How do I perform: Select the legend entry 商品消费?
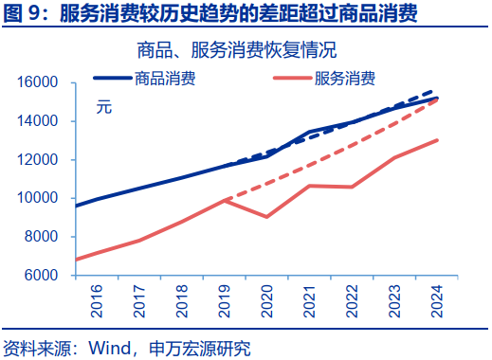[x=166, y=79]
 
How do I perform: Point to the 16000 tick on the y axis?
[x=40, y=83]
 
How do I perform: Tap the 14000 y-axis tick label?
[x=40, y=121]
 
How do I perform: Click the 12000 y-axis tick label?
[x=40, y=160]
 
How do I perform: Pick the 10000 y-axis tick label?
[x=40, y=199]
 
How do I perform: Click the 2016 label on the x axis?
[x=97, y=302]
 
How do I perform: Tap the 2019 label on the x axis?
[x=225, y=302]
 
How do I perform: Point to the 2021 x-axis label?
[x=310, y=302]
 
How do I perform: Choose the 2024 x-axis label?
[x=438, y=302]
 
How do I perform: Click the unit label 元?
[x=103, y=107]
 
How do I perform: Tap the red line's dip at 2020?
[x=267, y=217]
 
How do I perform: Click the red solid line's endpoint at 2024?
[x=438, y=140]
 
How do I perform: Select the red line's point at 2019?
[x=225, y=200]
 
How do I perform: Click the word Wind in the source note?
[x=109, y=348]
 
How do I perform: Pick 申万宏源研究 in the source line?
[x=200, y=348]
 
